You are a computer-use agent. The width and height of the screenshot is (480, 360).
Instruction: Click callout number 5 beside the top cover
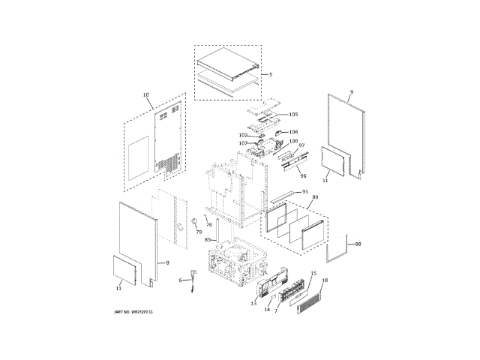click(271, 74)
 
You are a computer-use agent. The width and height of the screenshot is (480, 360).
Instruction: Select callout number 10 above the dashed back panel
click(145, 95)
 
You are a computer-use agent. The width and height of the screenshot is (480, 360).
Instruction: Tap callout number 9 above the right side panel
click(351, 92)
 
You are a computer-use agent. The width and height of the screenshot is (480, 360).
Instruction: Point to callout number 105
click(293, 115)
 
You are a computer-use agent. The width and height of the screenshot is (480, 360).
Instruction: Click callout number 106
click(293, 132)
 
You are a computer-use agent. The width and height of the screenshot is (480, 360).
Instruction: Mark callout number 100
click(293, 142)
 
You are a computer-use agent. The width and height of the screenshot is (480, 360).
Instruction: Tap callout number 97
click(301, 146)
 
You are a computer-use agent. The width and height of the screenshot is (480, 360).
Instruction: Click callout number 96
click(303, 175)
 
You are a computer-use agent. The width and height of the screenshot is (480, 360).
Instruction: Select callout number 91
click(305, 192)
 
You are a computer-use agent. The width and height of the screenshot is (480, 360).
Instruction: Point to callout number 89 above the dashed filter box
click(315, 197)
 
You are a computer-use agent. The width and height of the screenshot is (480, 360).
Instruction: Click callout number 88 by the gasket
click(358, 244)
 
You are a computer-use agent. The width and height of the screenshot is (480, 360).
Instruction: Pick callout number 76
click(209, 225)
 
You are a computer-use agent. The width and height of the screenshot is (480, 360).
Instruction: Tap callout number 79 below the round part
click(199, 232)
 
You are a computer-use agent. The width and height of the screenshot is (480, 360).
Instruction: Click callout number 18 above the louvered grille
click(325, 280)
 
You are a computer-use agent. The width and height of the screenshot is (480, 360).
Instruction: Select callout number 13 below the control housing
click(253, 304)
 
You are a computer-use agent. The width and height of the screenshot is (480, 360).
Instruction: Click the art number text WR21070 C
click(133, 311)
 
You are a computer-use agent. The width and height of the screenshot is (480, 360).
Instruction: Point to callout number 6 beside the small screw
click(180, 280)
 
